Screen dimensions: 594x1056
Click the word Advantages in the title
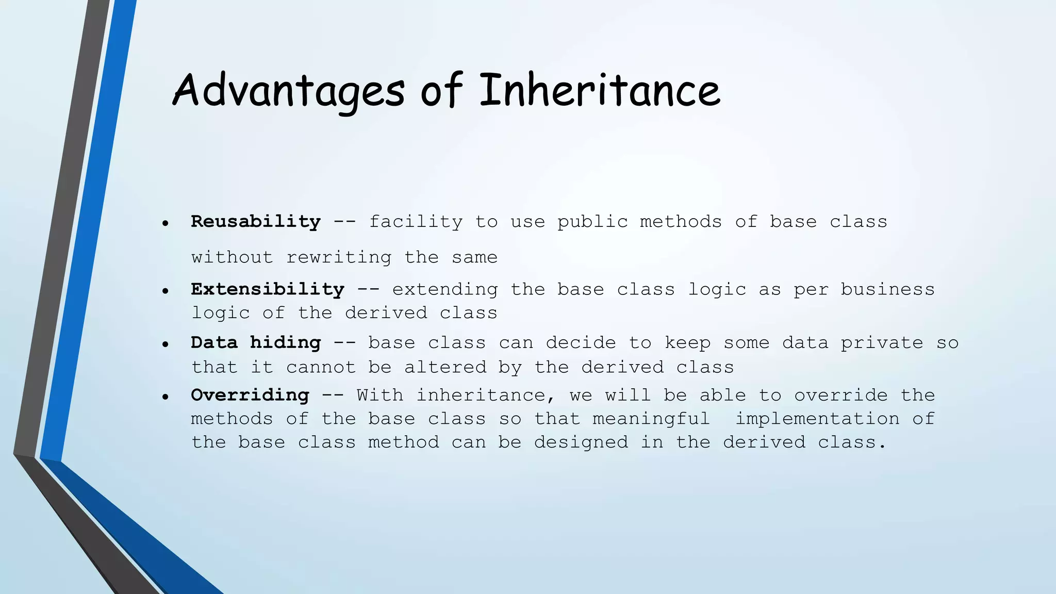click(x=288, y=91)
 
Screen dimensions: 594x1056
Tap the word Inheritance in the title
click(x=600, y=91)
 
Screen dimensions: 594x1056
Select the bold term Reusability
click(x=256, y=222)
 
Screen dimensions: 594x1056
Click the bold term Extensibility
click(x=268, y=289)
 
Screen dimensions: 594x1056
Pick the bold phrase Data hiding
click(x=256, y=343)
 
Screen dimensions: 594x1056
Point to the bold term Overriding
click(x=250, y=395)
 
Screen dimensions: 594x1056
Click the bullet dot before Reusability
click(x=165, y=224)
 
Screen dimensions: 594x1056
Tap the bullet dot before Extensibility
click(x=165, y=291)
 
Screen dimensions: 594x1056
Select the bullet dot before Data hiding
click(x=165, y=344)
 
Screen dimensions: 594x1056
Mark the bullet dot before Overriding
click(x=165, y=397)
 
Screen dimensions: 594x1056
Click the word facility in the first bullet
click(x=416, y=222)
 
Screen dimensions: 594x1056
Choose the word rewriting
click(x=339, y=257)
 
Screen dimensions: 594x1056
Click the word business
click(x=887, y=290)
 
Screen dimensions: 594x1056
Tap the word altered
click(x=445, y=368)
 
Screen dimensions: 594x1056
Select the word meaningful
click(x=651, y=419)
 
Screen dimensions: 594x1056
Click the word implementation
click(x=817, y=419)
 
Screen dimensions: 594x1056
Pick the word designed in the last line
click(x=581, y=442)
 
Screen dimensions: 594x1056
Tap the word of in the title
click(x=441, y=91)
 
